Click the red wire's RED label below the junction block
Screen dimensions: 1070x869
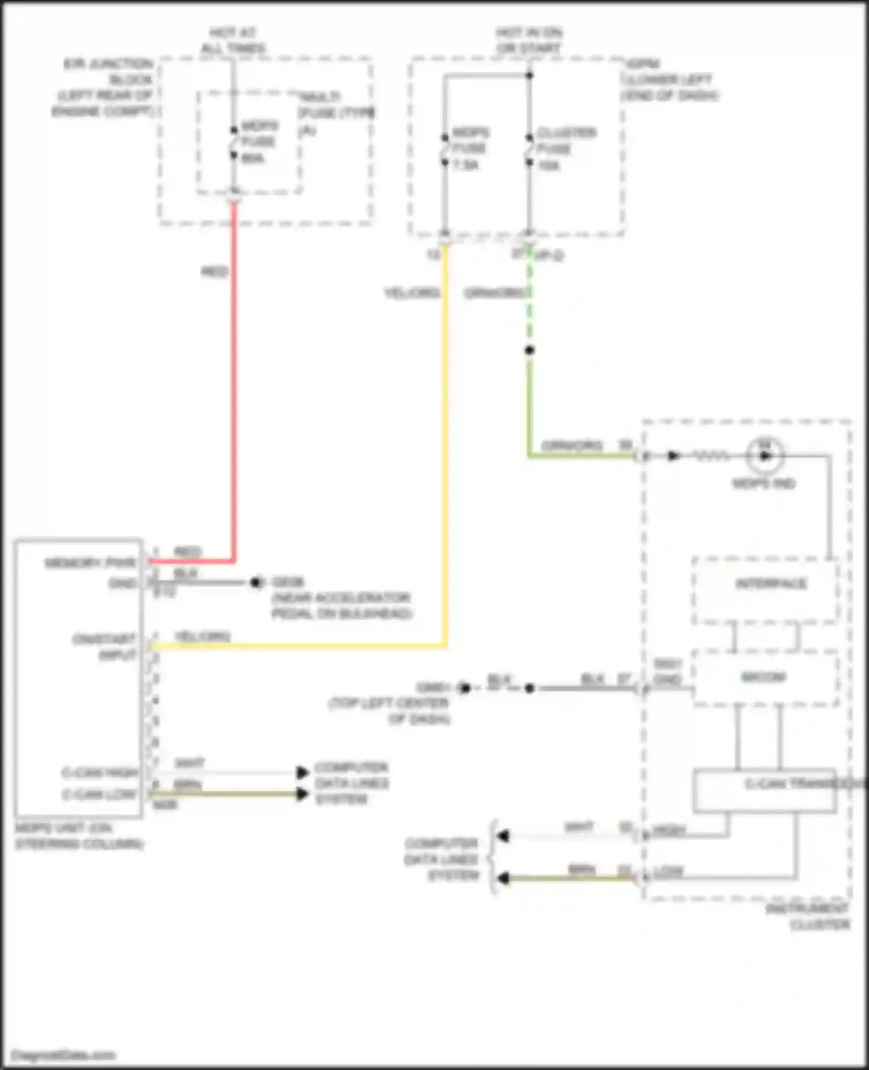click(x=214, y=272)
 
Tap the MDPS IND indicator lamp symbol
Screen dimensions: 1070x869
click(x=765, y=456)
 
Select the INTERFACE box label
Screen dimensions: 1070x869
click(x=771, y=584)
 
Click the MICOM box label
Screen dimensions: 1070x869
click(x=764, y=677)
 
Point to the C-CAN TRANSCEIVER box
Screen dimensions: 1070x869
click(x=765, y=791)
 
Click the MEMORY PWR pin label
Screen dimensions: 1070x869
click(x=90, y=563)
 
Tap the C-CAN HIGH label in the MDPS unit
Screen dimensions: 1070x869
click(x=100, y=773)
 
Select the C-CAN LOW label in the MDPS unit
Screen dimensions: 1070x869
click(x=100, y=794)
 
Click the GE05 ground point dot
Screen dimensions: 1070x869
click(x=255, y=582)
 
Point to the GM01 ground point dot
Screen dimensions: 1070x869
click(x=465, y=688)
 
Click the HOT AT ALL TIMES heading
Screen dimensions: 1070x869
click(x=233, y=40)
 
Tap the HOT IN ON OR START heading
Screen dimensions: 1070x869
click(x=529, y=40)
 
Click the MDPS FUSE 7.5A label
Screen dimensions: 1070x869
click(x=469, y=149)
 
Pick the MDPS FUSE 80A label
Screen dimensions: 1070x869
click(x=258, y=142)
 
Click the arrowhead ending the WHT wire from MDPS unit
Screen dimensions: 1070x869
click(x=302, y=773)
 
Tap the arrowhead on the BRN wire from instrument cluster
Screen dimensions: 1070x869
click(x=503, y=879)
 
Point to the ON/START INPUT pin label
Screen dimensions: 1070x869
click(x=104, y=647)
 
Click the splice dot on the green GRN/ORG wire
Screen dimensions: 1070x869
click(x=529, y=350)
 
